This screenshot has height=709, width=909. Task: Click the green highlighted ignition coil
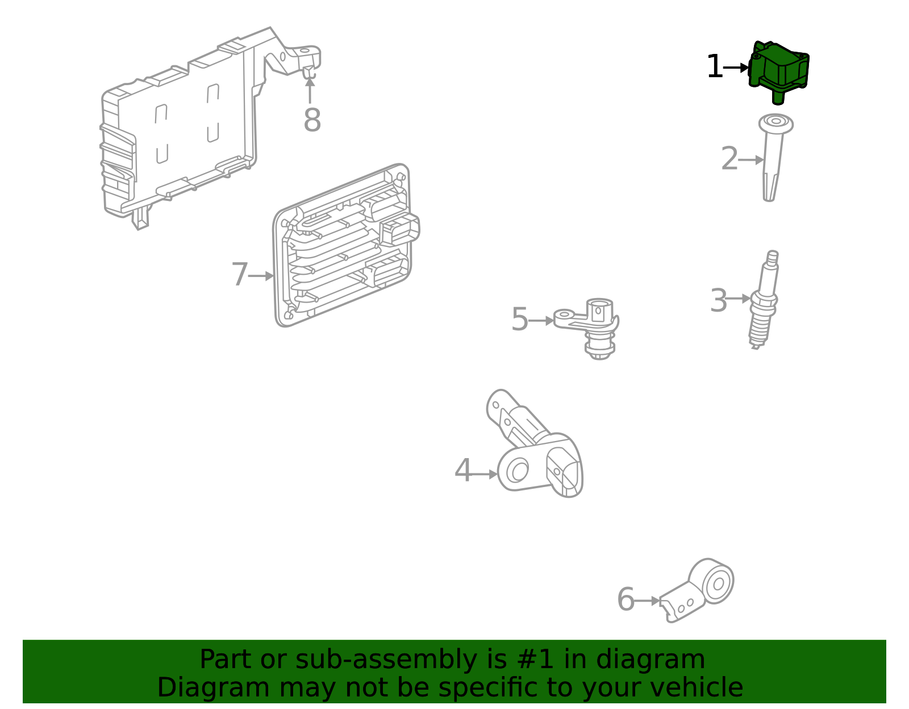click(778, 71)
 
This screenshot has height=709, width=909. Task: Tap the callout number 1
click(715, 67)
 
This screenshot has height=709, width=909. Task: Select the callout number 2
click(729, 159)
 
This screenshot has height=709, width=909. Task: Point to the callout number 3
click(719, 301)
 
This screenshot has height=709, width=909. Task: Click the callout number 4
click(464, 470)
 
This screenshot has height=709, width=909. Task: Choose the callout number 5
click(519, 320)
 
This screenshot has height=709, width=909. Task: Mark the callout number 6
click(626, 599)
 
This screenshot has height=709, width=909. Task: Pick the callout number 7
click(240, 274)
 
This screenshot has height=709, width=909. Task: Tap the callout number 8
click(312, 120)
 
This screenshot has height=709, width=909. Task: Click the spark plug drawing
click(764, 300)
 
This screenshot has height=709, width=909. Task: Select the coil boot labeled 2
click(775, 157)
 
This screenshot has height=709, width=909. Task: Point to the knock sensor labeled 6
click(697, 590)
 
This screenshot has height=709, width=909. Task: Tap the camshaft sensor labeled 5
click(588, 328)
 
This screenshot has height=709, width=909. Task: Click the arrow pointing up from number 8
click(310, 90)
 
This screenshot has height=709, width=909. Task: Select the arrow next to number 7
click(261, 276)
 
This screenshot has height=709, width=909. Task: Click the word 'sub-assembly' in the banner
click(386, 660)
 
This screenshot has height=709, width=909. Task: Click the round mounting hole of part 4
click(518, 471)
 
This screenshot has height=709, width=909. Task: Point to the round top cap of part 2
click(776, 124)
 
